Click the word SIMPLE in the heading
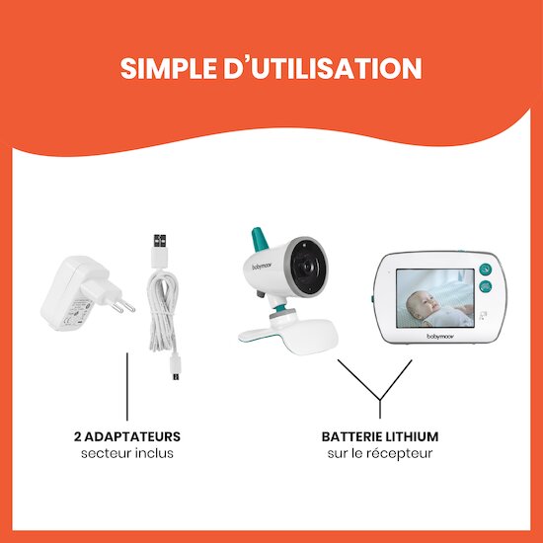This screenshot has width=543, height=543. click(x=168, y=68)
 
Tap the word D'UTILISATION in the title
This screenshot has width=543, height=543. click(x=323, y=68)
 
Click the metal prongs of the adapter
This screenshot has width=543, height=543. click(x=123, y=305)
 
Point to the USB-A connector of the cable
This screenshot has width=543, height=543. click(x=160, y=251)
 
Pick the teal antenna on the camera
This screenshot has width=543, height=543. click(x=260, y=239)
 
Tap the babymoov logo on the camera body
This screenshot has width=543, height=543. click(x=262, y=266)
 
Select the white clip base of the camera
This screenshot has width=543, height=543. click(x=287, y=334)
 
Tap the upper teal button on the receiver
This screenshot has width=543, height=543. click(x=485, y=269)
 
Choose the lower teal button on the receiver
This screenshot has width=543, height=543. click(x=485, y=286)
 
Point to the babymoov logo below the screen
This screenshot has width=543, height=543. click(x=439, y=337)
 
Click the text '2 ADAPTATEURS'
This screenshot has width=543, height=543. click(x=127, y=436)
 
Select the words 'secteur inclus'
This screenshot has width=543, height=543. click(x=127, y=453)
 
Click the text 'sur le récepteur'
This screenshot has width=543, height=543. click(x=380, y=454)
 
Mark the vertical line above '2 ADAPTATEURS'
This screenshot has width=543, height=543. click(x=127, y=386)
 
